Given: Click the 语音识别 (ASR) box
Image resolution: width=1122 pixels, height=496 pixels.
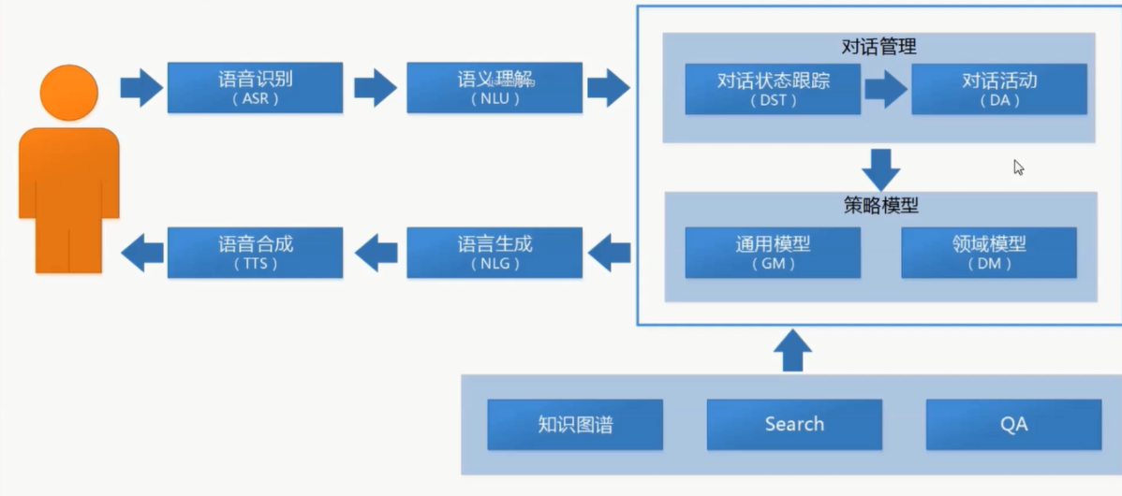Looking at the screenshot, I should (255, 88).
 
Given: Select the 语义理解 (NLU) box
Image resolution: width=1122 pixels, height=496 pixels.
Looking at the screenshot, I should (495, 88).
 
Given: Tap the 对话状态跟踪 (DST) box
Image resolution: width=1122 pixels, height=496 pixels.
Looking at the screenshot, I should (773, 89).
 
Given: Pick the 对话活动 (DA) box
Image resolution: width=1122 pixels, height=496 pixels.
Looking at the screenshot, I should (998, 89).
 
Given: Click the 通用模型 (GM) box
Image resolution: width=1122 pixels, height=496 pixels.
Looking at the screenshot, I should (773, 252).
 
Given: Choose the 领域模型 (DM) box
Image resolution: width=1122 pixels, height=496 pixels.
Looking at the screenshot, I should (989, 252).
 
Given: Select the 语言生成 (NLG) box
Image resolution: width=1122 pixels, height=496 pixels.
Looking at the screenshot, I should (495, 252).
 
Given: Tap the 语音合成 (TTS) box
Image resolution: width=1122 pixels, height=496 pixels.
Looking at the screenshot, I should (255, 252).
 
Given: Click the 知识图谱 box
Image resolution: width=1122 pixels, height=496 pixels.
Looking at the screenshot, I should (575, 424).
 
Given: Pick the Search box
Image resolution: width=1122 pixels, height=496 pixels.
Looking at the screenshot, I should (794, 424).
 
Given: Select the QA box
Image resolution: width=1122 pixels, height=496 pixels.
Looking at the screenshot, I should (1013, 424).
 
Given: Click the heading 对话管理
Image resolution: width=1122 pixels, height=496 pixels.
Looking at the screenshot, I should (878, 45).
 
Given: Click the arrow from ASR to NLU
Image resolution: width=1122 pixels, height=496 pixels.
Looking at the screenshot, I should (375, 88).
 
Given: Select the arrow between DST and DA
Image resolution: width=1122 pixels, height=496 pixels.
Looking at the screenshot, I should (885, 89).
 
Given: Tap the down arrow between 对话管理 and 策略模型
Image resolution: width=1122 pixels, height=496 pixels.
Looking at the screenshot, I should (880, 168).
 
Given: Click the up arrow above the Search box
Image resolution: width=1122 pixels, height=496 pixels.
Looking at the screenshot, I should (793, 350).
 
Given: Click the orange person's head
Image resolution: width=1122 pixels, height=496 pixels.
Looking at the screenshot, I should (68, 92).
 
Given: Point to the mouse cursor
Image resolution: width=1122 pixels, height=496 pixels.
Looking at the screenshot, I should (1018, 167).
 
